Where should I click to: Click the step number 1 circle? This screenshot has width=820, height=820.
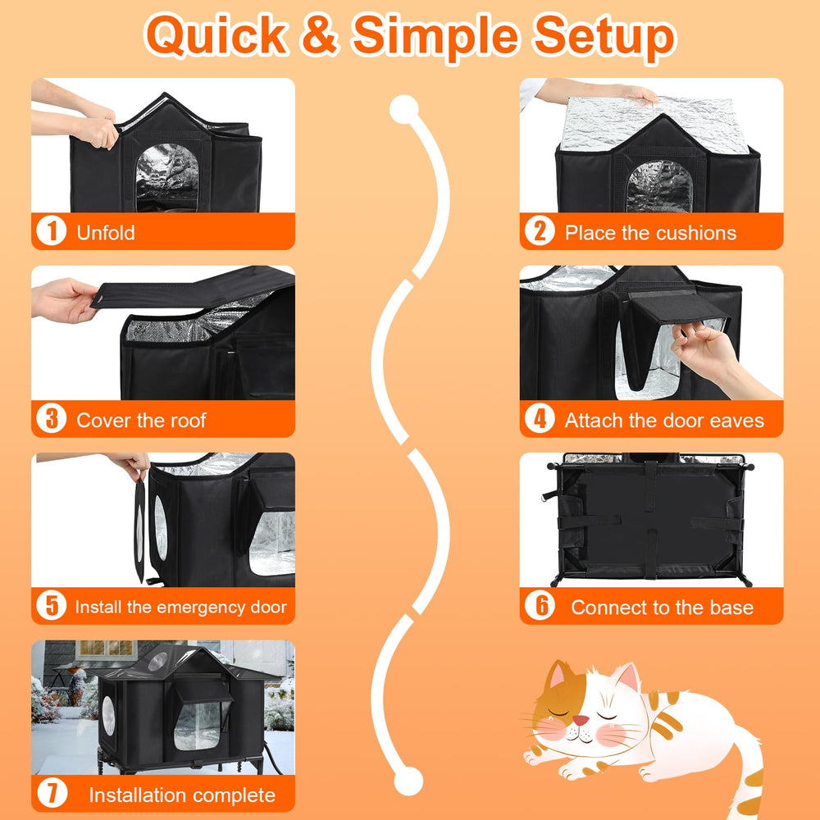pyautogui.click(x=51, y=231)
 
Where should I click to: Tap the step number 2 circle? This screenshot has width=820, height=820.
pyautogui.click(x=540, y=231)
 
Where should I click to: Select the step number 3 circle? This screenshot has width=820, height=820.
pyautogui.click(x=51, y=418)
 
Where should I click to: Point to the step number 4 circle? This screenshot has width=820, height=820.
pyautogui.click(x=540, y=418)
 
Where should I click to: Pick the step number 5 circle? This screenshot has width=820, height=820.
pyautogui.click(x=51, y=606)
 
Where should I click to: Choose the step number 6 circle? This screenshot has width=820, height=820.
pyautogui.click(x=540, y=606)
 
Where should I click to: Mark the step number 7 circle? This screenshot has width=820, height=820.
pyautogui.click(x=51, y=793)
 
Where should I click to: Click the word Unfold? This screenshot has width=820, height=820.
pyautogui.click(x=106, y=233)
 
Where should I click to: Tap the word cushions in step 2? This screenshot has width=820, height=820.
pyautogui.click(x=695, y=233)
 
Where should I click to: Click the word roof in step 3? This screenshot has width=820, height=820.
pyautogui.click(x=187, y=421)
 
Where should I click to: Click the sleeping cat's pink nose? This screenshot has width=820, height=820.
pyautogui.click(x=580, y=721)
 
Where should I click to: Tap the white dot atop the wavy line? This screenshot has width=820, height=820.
pyautogui.click(x=403, y=109)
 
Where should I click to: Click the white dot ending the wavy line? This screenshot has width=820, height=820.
pyautogui.click(x=408, y=781)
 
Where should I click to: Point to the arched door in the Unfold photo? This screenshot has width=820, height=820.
pyautogui.click(x=166, y=178)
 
